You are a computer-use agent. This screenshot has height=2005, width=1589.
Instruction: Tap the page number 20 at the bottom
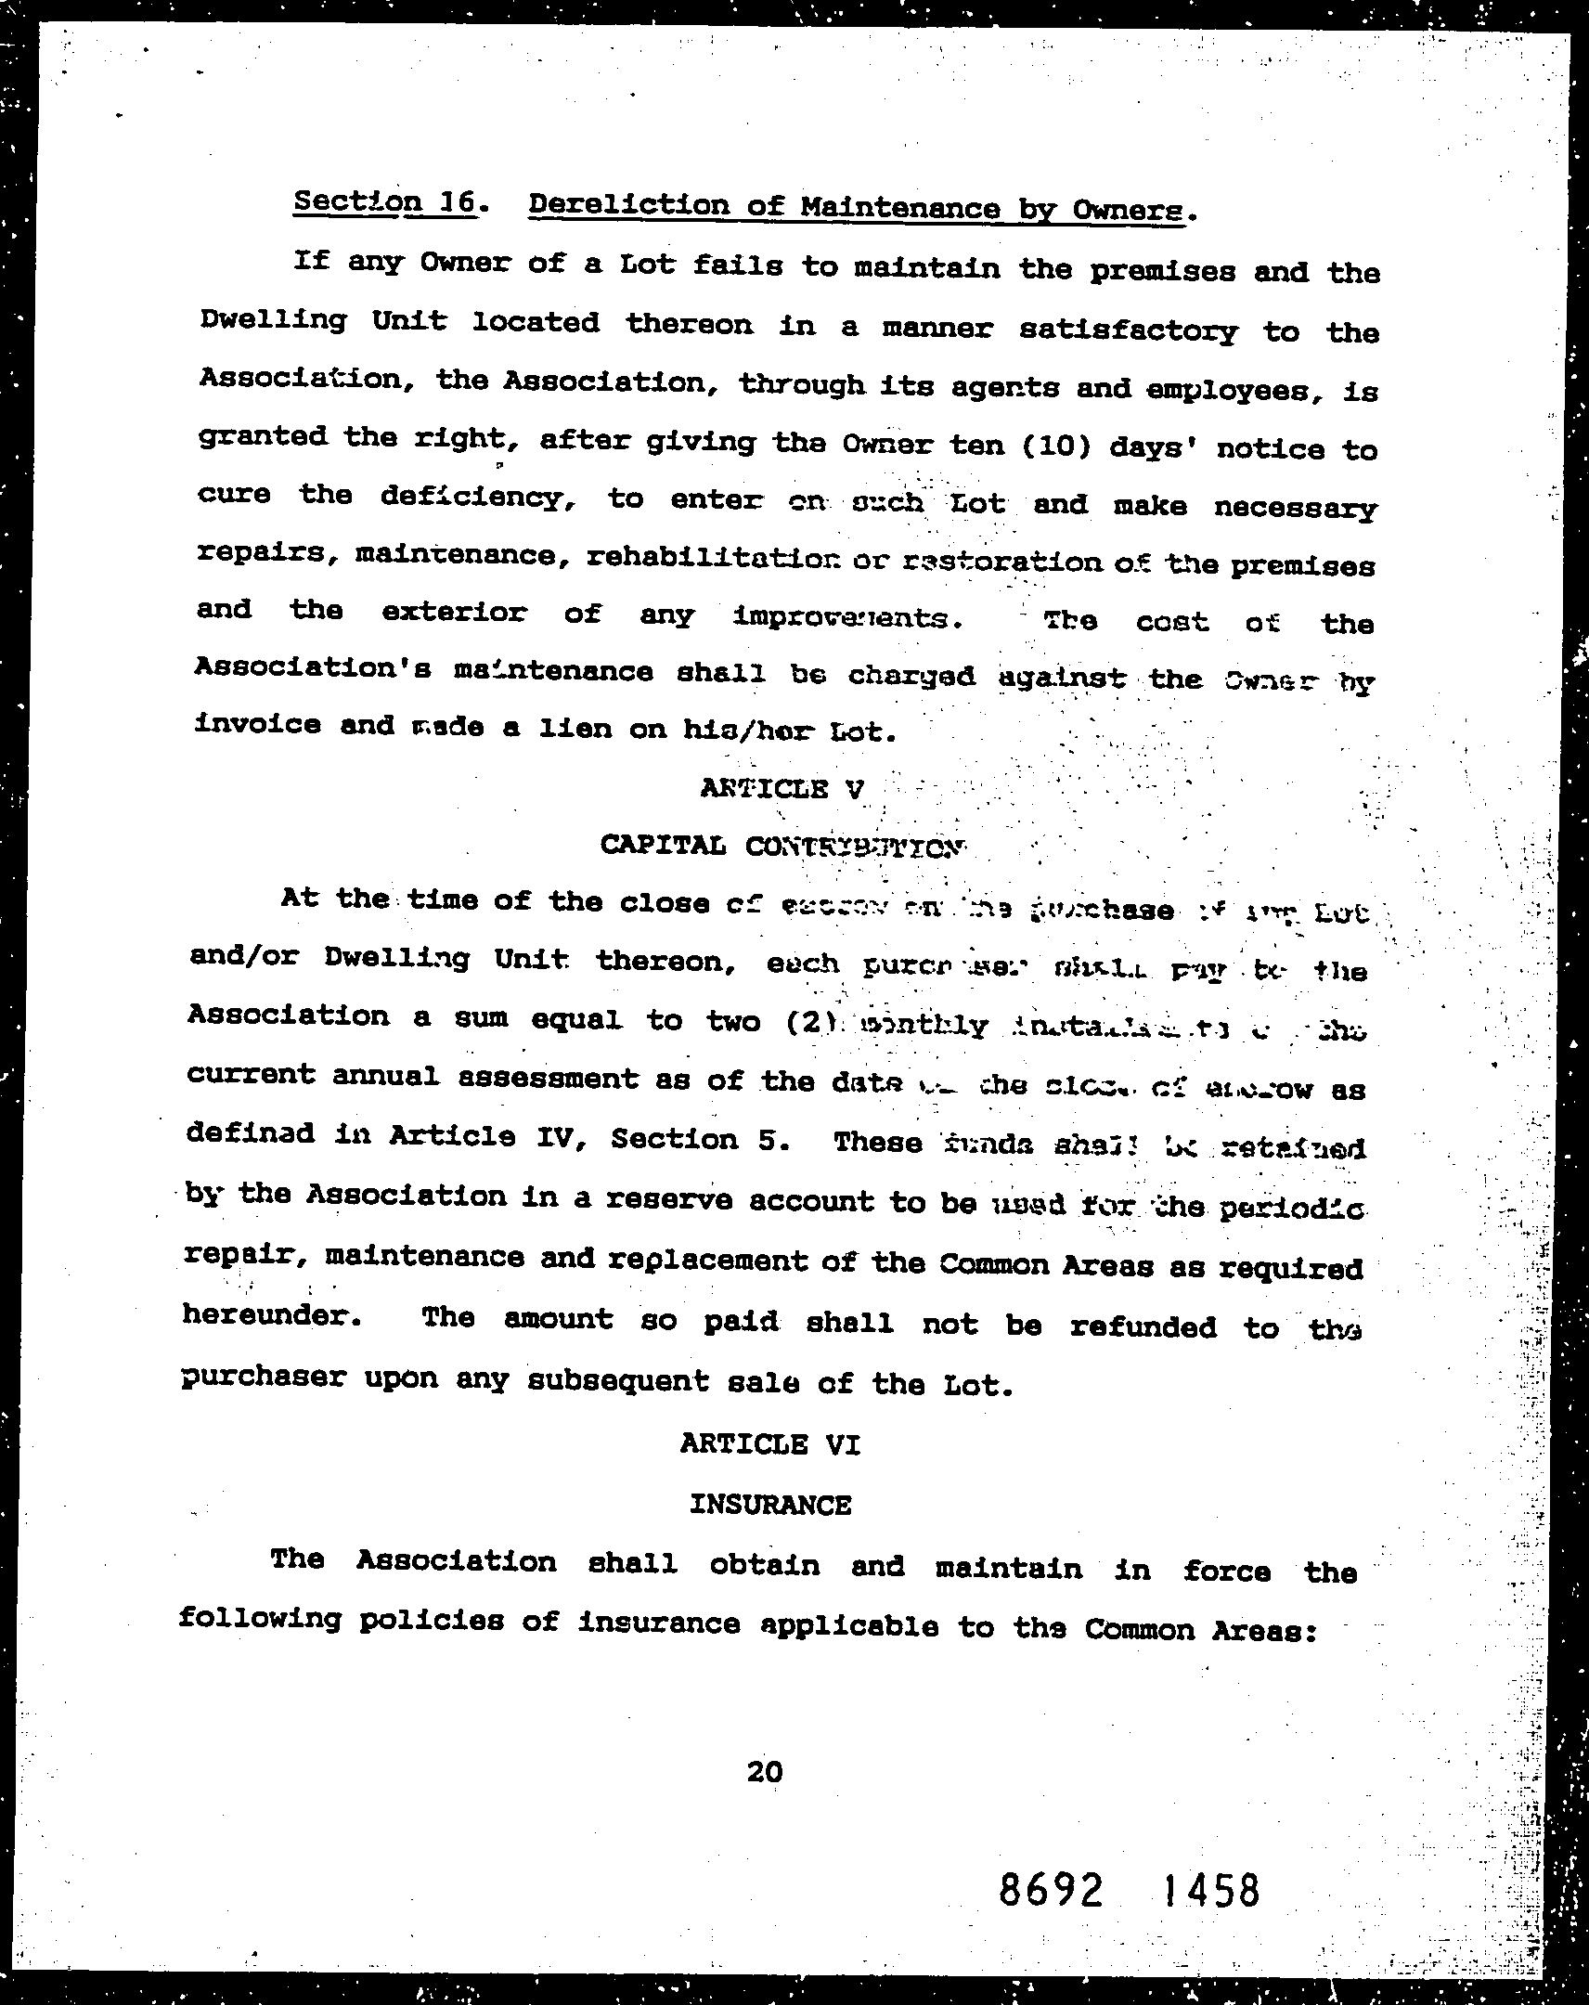click(x=764, y=1772)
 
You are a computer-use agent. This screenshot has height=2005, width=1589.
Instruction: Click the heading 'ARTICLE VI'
click(x=769, y=1443)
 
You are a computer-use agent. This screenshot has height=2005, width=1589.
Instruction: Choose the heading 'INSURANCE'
click(x=769, y=1504)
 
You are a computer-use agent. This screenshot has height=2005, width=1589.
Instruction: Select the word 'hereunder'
click(x=271, y=1316)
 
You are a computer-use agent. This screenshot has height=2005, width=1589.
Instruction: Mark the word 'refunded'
click(x=1143, y=1326)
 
